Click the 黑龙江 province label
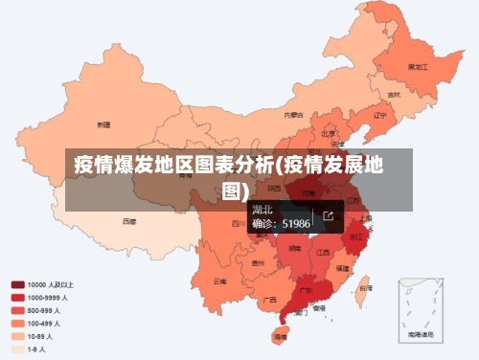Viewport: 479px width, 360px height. tap(417, 67)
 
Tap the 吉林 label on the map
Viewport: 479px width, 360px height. tap(394, 95)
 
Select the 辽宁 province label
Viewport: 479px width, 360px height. tap(380, 115)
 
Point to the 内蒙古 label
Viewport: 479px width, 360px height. tap(293, 115)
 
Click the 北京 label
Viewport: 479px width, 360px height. tap(329, 133)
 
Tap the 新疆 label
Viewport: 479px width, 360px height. tap(103, 124)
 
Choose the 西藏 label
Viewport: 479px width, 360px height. tap(128, 221)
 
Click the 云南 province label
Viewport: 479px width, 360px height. tap(220, 281)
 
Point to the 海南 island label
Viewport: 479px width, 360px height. tap(280, 337)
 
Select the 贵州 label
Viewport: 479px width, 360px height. tap(258, 261)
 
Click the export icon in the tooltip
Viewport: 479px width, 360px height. tap(329, 216)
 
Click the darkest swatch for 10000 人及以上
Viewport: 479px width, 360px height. tap(18, 284)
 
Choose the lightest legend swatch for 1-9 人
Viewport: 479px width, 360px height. tap(18, 349)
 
